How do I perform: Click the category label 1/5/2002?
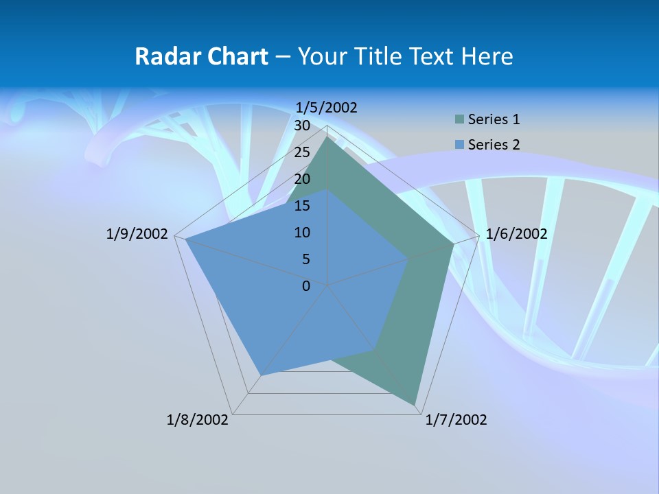pyautogui.click(x=327, y=107)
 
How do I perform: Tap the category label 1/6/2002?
pyautogui.click(x=516, y=234)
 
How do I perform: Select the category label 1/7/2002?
pyautogui.click(x=456, y=420)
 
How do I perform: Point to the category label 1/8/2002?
pyautogui.click(x=198, y=420)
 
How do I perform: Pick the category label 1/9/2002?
pyautogui.click(x=137, y=234)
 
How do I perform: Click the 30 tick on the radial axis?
pyautogui.click(x=302, y=126)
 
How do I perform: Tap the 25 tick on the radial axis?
pyautogui.click(x=302, y=152)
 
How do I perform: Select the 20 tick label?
pyautogui.click(x=302, y=179)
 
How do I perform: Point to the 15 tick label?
pyautogui.click(x=302, y=206)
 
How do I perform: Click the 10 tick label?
pyautogui.click(x=302, y=233)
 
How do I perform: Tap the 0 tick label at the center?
pyautogui.click(x=306, y=286)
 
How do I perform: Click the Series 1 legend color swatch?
pyautogui.click(x=459, y=119)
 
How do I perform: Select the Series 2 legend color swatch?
pyautogui.click(x=459, y=145)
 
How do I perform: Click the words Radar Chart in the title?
pyautogui.click(x=201, y=56)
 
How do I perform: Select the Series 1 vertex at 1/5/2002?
pyautogui.click(x=327, y=137)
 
